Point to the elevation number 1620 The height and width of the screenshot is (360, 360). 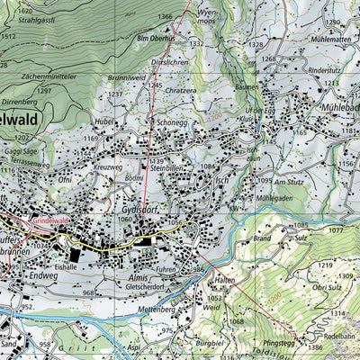coord(11,9)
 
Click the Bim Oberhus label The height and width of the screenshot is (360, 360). coord(155,40)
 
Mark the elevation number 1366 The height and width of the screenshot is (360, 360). coord(165,17)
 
